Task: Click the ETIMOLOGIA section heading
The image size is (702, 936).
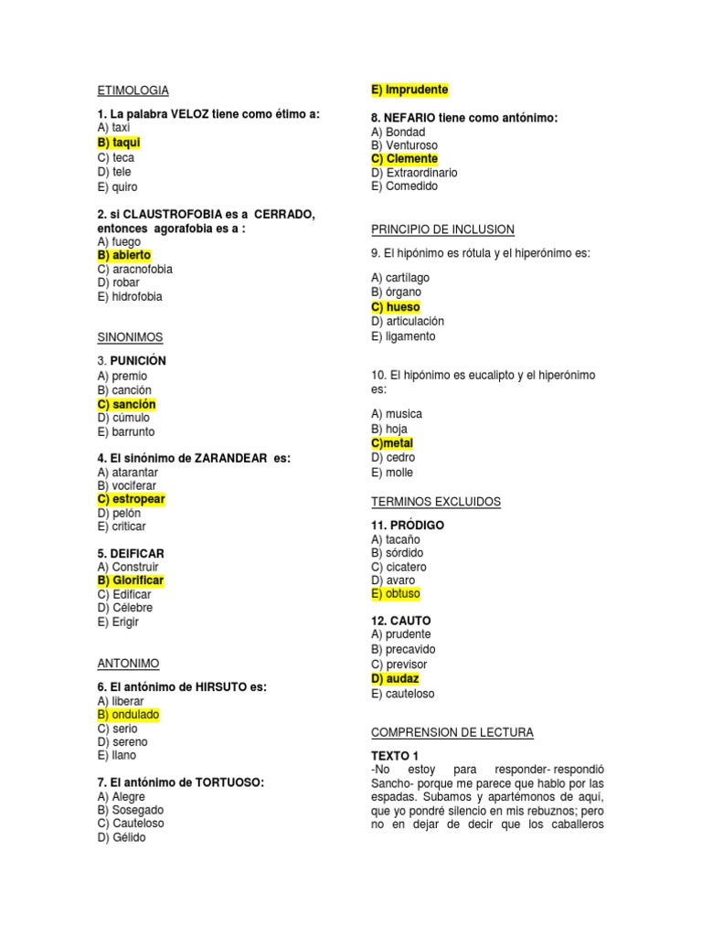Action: [x=133, y=90]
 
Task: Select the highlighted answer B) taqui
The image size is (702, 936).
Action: [x=119, y=143]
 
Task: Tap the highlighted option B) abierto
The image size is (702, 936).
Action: [x=124, y=255]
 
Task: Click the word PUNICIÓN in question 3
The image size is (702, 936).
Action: [x=138, y=361]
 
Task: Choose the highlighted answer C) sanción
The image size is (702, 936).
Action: [x=126, y=404]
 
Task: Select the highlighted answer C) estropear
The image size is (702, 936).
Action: [x=131, y=499]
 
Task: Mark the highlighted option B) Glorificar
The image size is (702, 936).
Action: [x=131, y=580]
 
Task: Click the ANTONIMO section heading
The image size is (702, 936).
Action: [x=128, y=663]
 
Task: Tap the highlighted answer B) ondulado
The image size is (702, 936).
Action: [x=128, y=715]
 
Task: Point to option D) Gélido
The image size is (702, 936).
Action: [x=122, y=837]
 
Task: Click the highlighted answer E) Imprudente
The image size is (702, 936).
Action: [x=409, y=90]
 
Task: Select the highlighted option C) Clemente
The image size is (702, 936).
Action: [x=404, y=159]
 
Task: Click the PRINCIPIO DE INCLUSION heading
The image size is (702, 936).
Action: [x=442, y=229]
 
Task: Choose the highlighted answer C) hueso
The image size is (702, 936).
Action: [x=396, y=307]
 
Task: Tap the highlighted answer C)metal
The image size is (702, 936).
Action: [x=392, y=443]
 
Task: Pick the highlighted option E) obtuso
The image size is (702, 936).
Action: [x=396, y=594]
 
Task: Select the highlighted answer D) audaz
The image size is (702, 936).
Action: [x=395, y=679]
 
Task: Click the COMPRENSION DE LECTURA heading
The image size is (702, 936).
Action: [x=452, y=733]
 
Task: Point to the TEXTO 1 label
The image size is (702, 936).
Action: [x=395, y=756]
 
